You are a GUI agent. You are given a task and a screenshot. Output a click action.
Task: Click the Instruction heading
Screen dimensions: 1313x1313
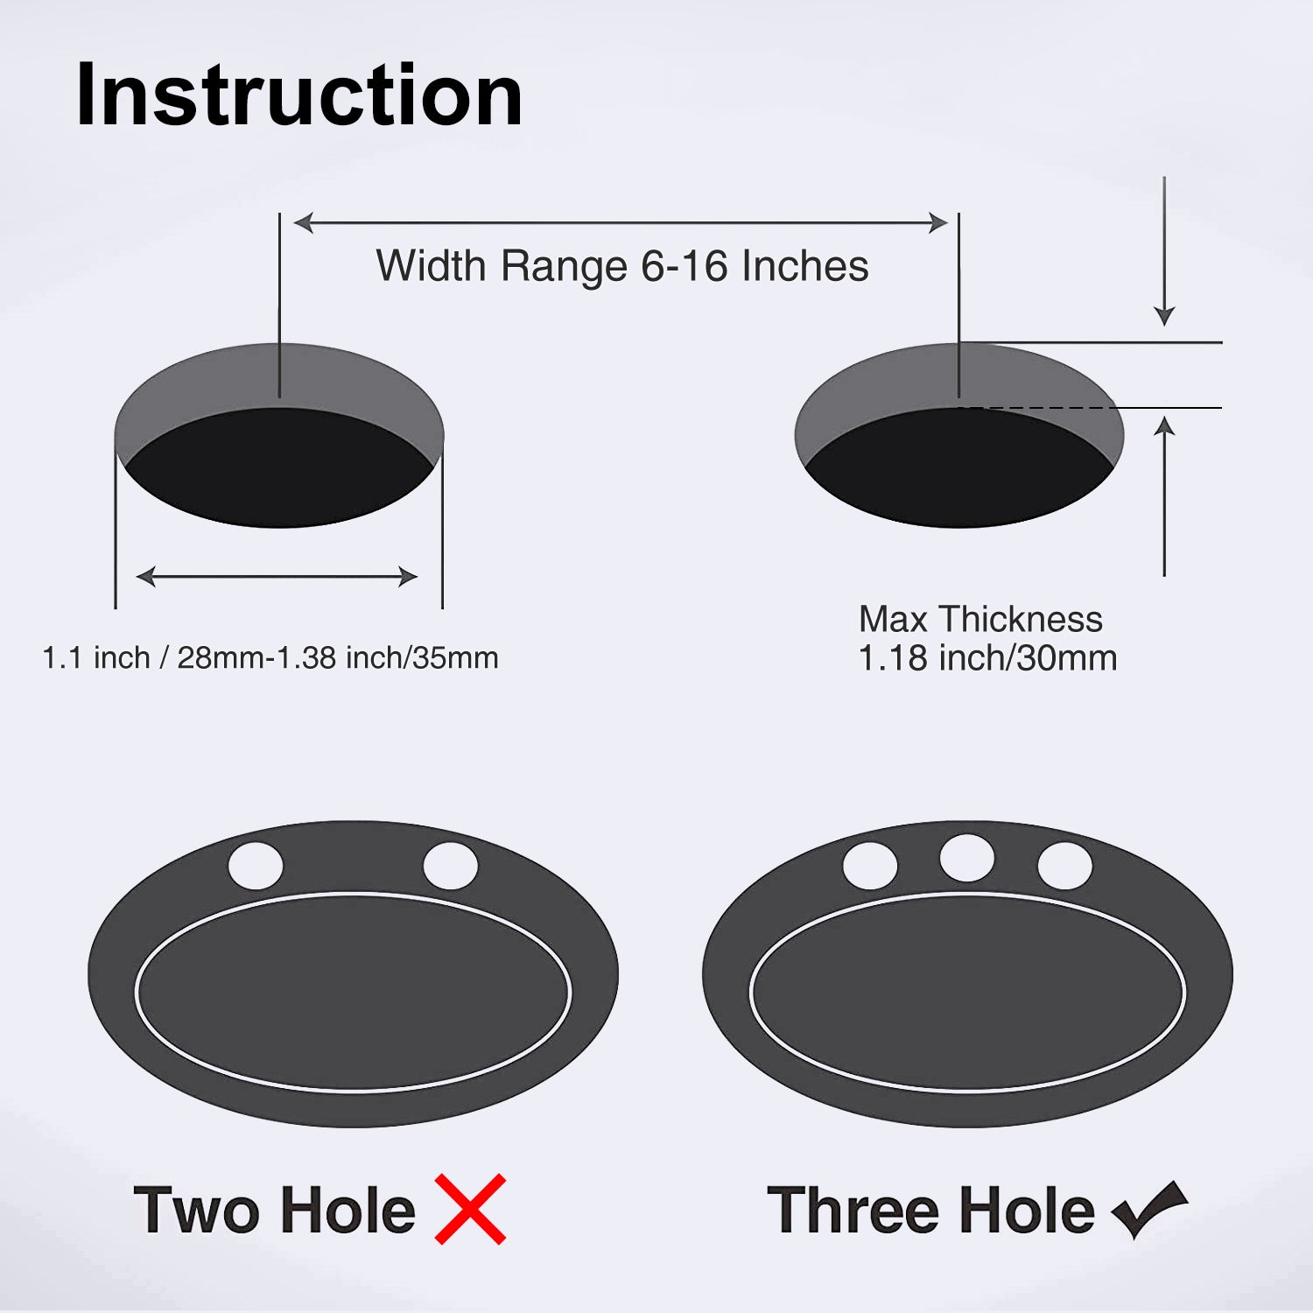pos(299,95)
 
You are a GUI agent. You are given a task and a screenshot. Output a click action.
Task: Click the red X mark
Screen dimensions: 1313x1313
pos(471,1209)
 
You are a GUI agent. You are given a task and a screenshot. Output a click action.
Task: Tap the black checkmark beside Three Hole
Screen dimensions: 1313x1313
pos(1149,1209)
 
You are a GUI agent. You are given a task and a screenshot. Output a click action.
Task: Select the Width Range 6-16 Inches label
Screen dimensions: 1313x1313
pos(622,266)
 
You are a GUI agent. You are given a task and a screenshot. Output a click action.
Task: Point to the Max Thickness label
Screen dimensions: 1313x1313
pos(980,620)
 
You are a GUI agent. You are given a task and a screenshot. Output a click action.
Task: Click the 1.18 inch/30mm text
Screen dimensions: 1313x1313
pos(987,658)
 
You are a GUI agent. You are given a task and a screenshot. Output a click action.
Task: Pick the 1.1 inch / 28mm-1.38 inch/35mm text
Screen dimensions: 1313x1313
pos(270,657)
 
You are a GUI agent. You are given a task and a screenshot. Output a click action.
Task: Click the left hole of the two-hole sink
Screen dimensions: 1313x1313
pos(256,866)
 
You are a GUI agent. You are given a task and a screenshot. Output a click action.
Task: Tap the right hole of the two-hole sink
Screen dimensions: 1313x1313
pos(451,866)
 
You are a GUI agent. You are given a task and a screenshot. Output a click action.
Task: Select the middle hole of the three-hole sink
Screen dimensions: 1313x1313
pos(967,858)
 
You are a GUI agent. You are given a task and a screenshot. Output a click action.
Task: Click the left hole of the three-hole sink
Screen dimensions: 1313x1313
pos(870,866)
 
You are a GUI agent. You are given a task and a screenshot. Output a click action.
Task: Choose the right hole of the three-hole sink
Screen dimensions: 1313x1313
pos(1065,866)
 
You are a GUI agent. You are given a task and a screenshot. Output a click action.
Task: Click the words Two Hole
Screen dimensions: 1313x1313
pos(275,1211)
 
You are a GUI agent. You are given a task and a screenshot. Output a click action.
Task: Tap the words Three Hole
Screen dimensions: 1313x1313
pos(931,1211)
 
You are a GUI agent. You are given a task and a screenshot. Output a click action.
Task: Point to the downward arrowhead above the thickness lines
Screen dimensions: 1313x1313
pos(1164,316)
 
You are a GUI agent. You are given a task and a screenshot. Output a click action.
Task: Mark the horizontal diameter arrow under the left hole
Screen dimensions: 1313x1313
pos(277,577)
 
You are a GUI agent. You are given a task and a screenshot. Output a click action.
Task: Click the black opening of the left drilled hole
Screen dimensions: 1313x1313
pos(279,467)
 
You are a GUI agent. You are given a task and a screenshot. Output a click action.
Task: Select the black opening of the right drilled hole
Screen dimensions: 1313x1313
pos(959,467)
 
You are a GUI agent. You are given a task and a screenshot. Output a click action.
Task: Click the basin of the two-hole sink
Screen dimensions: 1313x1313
pos(354,993)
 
